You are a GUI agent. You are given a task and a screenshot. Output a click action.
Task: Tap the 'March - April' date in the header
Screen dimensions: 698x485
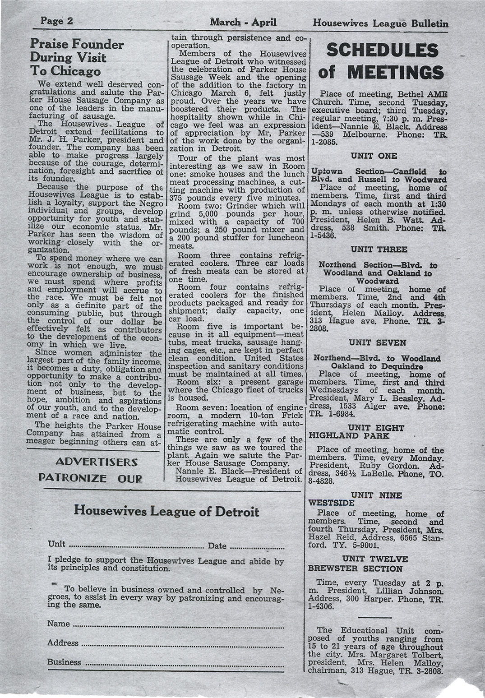pyautogui.click(x=243, y=22)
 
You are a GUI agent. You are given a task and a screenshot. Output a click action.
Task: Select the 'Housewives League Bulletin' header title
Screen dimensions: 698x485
pyautogui.click(x=380, y=23)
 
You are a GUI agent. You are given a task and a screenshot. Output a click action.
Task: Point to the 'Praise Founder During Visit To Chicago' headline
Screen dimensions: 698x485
pyautogui.click(x=71, y=57)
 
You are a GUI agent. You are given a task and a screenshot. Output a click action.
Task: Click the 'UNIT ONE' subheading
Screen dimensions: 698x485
pyautogui.click(x=374, y=156)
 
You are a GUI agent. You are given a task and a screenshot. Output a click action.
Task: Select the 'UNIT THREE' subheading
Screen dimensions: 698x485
pyautogui.click(x=378, y=250)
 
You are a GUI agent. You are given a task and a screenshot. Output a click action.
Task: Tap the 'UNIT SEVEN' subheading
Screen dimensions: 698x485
pyautogui.click(x=378, y=343)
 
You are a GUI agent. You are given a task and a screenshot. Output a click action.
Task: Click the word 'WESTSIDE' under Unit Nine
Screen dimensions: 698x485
pyautogui.click(x=331, y=502)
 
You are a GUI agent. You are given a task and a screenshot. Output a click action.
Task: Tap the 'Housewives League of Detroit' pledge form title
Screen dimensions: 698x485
pyautogui.click(x=166, y=512)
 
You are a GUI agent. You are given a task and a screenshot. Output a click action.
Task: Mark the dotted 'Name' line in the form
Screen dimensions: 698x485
pyautogui.click(x=178, y=626)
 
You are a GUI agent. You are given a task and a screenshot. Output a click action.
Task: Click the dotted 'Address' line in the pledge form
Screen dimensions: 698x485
pyautogui.click(x=182, y=645)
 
